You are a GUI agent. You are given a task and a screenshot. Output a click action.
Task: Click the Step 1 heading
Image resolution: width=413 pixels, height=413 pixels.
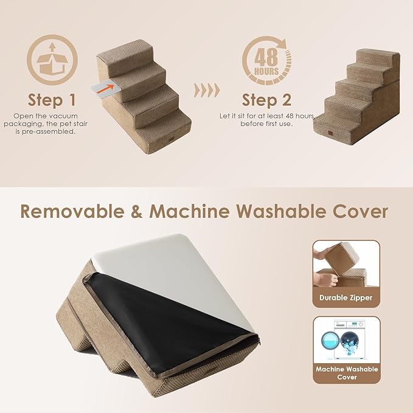[53, 99]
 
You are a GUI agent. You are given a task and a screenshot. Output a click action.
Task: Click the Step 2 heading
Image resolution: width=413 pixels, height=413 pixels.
[266, 99]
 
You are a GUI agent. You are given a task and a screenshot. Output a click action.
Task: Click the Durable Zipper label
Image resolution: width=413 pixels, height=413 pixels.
[346, 298]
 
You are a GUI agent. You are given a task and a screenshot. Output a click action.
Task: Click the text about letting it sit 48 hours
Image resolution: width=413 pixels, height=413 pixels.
[266, 119]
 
